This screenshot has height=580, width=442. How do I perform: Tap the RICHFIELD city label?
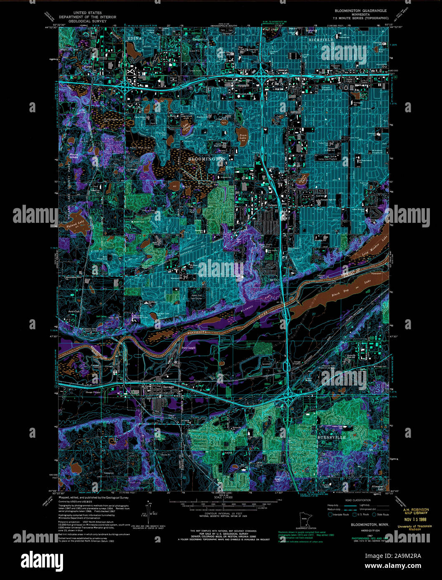click(321, 39)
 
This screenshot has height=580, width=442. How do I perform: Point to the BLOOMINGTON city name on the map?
click(207, 159)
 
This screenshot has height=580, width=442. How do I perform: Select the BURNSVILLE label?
click(332, 437)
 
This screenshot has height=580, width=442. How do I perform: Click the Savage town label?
click(169, 387)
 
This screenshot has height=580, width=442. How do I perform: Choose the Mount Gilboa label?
click(73, 156)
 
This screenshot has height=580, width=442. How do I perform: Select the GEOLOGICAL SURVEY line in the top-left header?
click(88, 21)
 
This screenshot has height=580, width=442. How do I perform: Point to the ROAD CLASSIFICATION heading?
click(358, 500)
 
